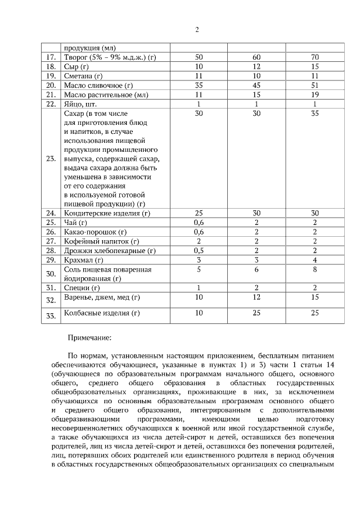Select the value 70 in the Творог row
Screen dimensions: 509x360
point(314,57)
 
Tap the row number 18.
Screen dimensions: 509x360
point(51,66)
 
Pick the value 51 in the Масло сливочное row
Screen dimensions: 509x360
point(314,85)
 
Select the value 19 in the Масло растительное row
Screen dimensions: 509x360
point(314,94)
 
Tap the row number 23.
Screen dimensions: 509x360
point(51,159)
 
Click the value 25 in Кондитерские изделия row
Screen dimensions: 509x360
point(199,213)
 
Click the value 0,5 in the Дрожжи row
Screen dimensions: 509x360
point(199,250)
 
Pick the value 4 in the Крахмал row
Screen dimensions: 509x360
point(314,260)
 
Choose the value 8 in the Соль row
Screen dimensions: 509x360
point(314,269)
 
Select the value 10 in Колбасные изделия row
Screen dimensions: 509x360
point(199,313)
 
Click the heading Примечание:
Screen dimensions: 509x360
point(89,338)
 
